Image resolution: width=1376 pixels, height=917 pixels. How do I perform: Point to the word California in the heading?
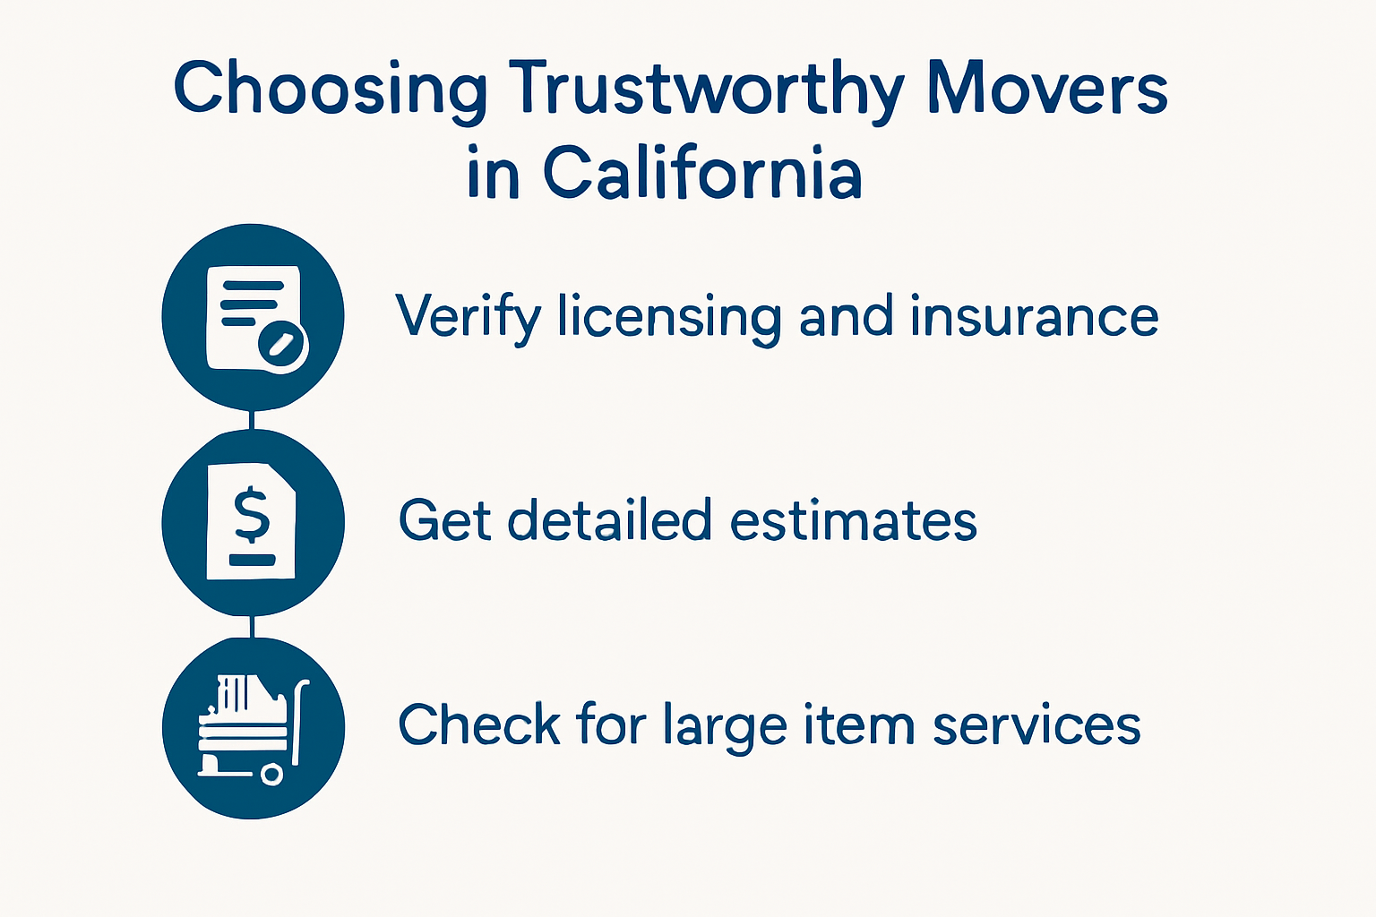pos(702,172)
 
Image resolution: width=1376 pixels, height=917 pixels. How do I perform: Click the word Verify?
pos(469,318)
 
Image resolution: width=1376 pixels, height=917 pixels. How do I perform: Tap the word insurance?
pos(1034,317)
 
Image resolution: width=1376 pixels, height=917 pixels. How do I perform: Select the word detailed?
pos(608,520)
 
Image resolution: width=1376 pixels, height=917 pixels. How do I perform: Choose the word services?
pos(1036,724)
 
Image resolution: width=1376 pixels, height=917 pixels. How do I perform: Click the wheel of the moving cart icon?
pos(271,775)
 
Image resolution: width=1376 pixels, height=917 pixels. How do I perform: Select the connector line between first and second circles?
pos(253,420)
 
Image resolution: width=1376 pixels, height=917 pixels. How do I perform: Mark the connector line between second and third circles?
pos(253,626)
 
